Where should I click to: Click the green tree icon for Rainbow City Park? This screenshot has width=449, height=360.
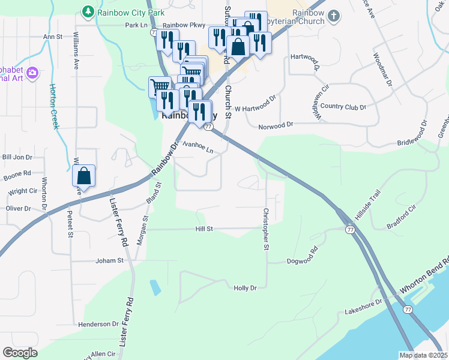tap(88, 11)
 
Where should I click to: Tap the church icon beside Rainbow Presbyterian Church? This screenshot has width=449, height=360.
tap(334, 16)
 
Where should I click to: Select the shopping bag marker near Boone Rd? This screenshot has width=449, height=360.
tap(84, 176)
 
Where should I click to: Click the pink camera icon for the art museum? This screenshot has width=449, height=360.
tap(33, 73)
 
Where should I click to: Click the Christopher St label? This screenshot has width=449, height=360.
tap(265, 229)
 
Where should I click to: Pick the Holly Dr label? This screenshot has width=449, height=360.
tap(245, 288)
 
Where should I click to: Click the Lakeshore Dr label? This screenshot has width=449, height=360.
tap(363, 307)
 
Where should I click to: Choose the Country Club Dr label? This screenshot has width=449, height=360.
tap(343, 107)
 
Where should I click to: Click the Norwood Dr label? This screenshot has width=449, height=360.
tap(276, 125)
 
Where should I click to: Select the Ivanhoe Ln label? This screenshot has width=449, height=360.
tap(198, 147)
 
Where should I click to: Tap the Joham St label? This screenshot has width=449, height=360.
tap(109, 261)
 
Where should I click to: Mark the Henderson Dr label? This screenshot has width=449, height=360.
tap(98, 324)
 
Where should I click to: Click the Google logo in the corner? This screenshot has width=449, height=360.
tap(20, 353)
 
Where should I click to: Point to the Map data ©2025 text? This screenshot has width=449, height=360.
tap(423, 355)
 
